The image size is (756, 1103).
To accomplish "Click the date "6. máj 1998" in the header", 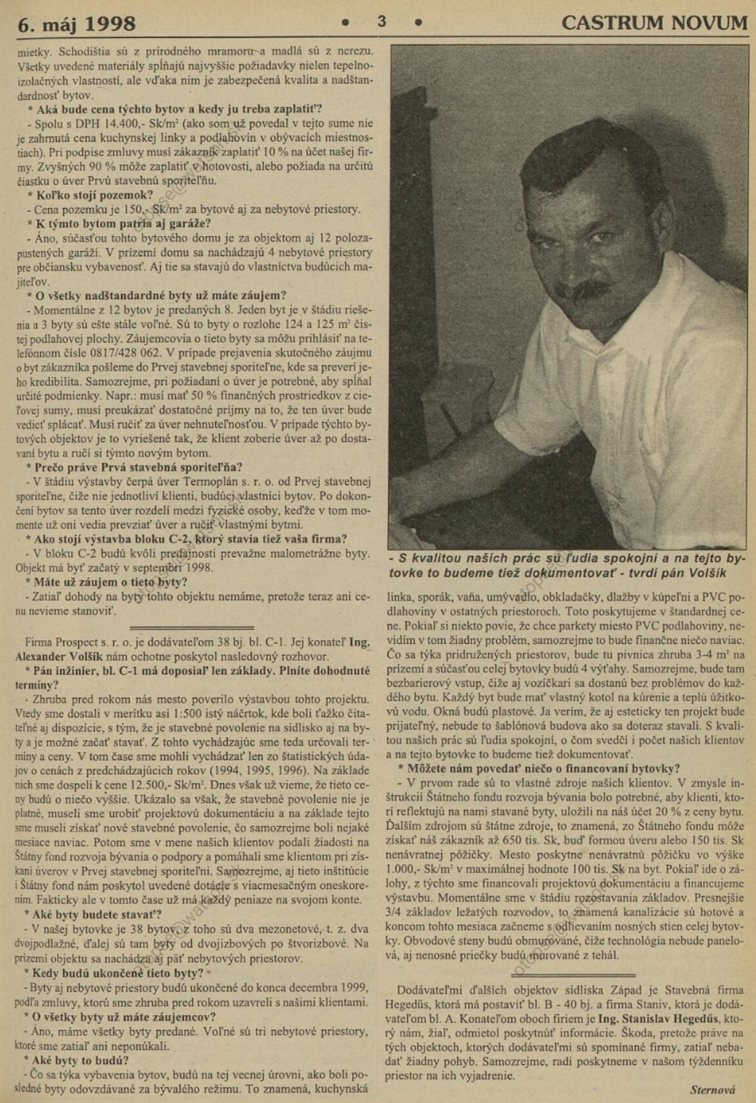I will click(77, 24).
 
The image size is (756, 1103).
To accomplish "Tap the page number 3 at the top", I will click(382, 21).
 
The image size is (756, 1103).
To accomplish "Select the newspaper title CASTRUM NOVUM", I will click(654, 23).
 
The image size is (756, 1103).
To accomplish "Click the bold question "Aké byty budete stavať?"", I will click(93, 915).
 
